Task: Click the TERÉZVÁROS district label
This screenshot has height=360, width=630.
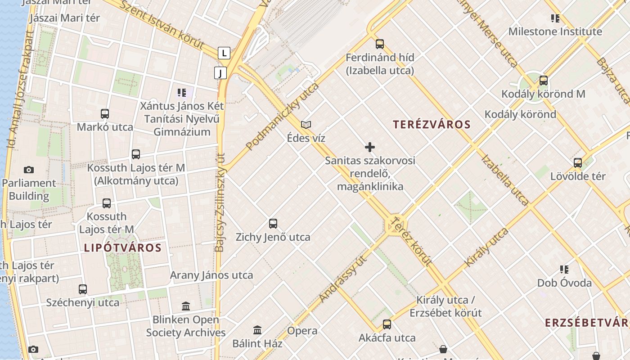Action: pyautogui.click(x=432, y=125)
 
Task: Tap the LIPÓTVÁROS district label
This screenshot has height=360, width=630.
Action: pyautogui.click(x=122, y=247)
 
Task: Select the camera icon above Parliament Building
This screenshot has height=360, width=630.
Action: pyautogui.click(x=29, y=170)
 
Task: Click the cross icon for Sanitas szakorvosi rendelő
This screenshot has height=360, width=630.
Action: pyautogui.click(x=370, y=147)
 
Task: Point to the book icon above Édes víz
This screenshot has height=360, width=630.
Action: pyautogui.click(x=306, y=125)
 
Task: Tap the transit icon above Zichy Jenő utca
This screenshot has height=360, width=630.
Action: pyautogui.click(x=273, y=223)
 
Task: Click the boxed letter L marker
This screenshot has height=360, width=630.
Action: pyautogui.click(x=224, y=53)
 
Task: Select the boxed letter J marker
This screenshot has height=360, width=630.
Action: pyautogui.click(x=220, y=73)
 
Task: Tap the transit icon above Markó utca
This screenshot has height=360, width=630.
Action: pyautogui.click(x=105, y=113)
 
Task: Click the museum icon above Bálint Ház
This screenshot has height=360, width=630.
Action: pyautogui.click(x=257, y=330)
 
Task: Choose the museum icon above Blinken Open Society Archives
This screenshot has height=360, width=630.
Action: pyautogui.click(x=186, y=306)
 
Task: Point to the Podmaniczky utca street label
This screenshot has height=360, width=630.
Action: pyautogui.click(x=283, y=116)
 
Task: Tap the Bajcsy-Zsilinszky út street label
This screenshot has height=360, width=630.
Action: pyautogui.click(x=220, y=202)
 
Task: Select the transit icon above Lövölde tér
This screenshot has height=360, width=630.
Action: pyautogui.click(x=578, y=162)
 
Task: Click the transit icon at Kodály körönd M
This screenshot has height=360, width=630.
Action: pyautogui.click(x=544, y=81)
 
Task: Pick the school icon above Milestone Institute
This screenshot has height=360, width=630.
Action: pyautogui.click(x=555, y=18)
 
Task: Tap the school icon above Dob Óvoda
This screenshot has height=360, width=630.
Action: pyautogui.click(x=564, y=270)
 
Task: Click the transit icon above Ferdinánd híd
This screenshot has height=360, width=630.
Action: pyautogui.click(x=380, y=44)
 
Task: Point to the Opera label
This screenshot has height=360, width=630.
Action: pyautogui.click(x=302, y=331)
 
